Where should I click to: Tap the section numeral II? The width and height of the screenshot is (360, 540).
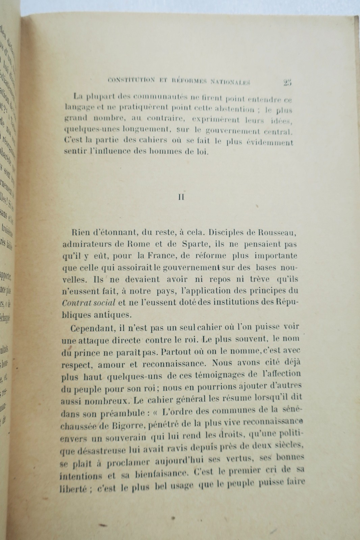181,197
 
